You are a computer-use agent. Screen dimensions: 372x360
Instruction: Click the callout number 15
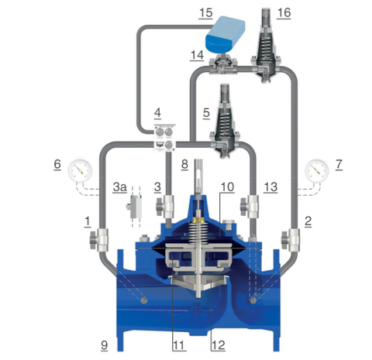pos(205,12)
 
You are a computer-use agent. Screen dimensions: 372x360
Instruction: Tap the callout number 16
pos(284,12)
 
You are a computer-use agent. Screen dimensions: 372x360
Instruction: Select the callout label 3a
pos(119,187)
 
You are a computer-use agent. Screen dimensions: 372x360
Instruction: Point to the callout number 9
pos(104,345)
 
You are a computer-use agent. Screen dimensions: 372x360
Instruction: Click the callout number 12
pos(219,345)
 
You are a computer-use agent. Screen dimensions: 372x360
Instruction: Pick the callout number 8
pos(184,164)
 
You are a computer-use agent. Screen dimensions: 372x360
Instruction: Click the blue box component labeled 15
pos(225,33)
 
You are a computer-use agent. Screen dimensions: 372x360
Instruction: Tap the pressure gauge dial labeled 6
pos(80,170)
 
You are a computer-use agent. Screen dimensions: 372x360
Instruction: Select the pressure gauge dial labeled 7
pos(317,170)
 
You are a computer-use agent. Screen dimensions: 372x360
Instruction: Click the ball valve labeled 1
pos(99,240)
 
